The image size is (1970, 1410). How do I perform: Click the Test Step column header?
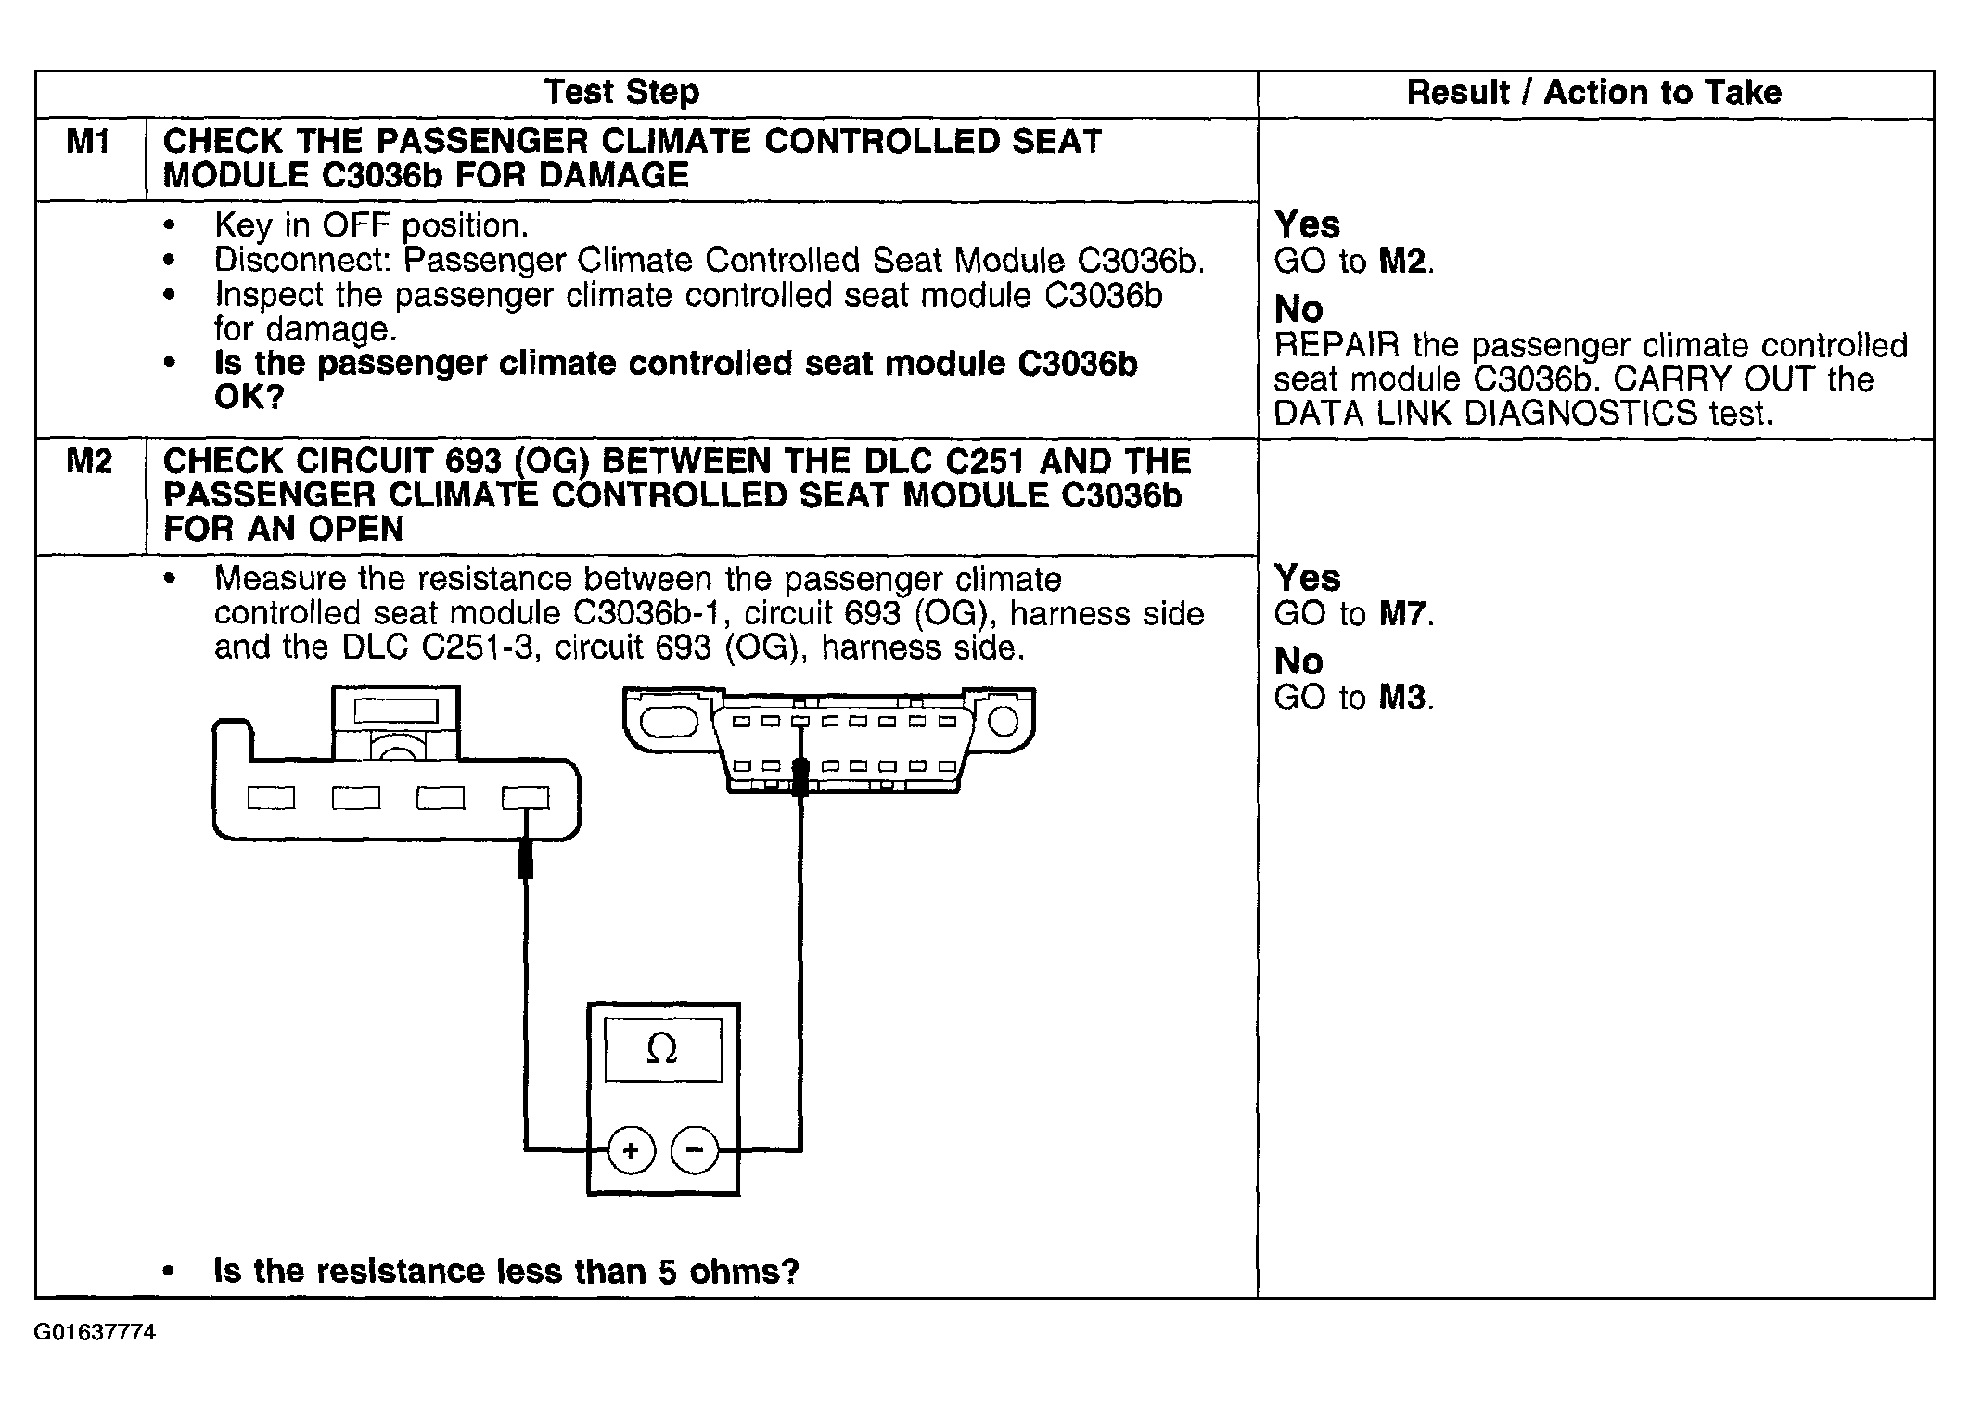point(621,93)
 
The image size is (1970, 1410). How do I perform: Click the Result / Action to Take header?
point(1593,93)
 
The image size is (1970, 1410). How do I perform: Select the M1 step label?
point(88,142)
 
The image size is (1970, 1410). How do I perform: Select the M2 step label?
point(88,461)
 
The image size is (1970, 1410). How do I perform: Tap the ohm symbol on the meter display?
point(661,1050)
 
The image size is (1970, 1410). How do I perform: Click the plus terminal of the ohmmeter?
point(631,1150)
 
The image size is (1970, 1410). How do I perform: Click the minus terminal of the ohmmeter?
point(694,1150)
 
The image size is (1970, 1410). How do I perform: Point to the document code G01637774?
point(95,1333)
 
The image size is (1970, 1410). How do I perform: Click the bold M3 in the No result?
point(1402,697)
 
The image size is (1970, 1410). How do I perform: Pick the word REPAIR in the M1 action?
point(1337,345)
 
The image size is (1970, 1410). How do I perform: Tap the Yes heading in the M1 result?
point(1307,224)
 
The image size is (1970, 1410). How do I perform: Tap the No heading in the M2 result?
point(1298,661)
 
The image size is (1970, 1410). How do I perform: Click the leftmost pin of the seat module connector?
point(271,798)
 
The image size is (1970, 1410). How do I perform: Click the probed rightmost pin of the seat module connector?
point(525,798)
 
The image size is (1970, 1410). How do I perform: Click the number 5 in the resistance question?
point(668,1271)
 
